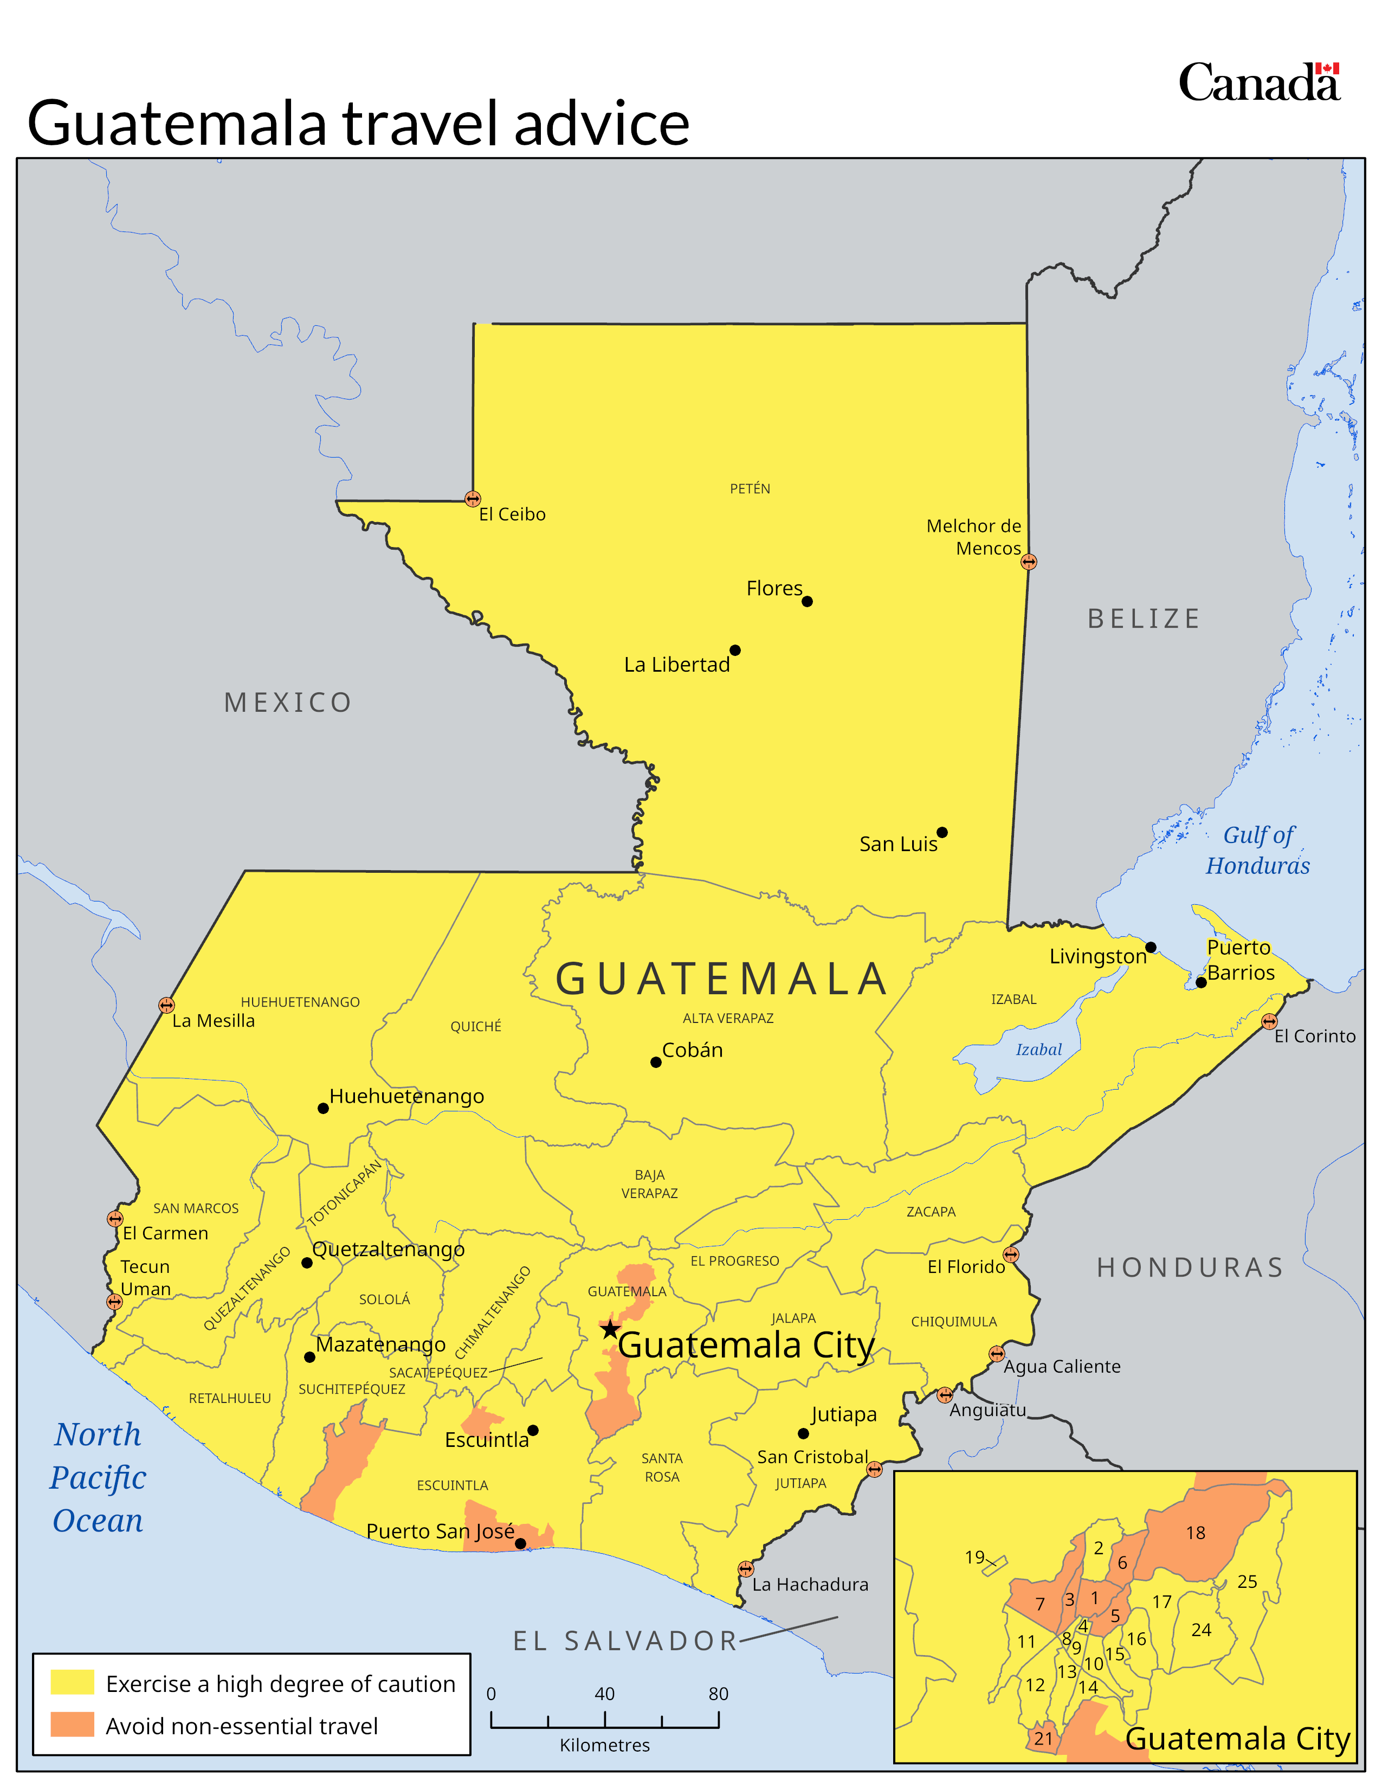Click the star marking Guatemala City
click(610, 1329)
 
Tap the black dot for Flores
click(808, 601)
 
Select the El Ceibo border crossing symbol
click(473, 499)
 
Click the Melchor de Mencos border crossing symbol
click(1029, 562)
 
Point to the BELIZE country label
click(1144, 619)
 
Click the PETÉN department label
click(750, 489)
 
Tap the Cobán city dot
click(656, 1063)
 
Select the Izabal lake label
click(1038, 1050)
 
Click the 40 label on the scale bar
click(604, 1694)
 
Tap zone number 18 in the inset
click(1196, 1533)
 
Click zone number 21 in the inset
click(1043, 1738)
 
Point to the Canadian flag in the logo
click(1327, 69)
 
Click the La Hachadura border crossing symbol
click(745, 1569)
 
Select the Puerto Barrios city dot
click(1201, 982)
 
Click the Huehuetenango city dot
click(324, 1108)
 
